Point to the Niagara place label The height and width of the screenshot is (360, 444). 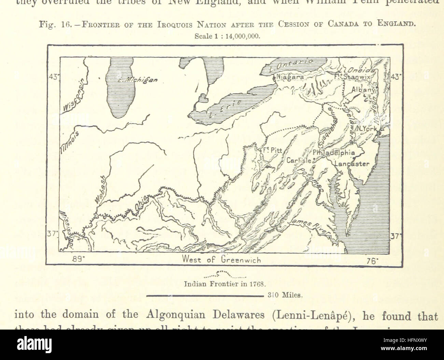pyautogui.click(x=290, y=78)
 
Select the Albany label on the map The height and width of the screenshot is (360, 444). pyautogui.click(x=363, y=90)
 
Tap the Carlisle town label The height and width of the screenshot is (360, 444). pyautogui.click(x=299, y=160)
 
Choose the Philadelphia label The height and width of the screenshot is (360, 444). pyautogui.click(x=334, y=153)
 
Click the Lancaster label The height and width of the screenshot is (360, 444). pyautogui.click(x=352, y=164)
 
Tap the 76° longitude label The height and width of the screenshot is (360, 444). pyautogui.click(x=372, y=261)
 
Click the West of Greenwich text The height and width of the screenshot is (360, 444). pyautogui.click(x=222, y=259)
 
